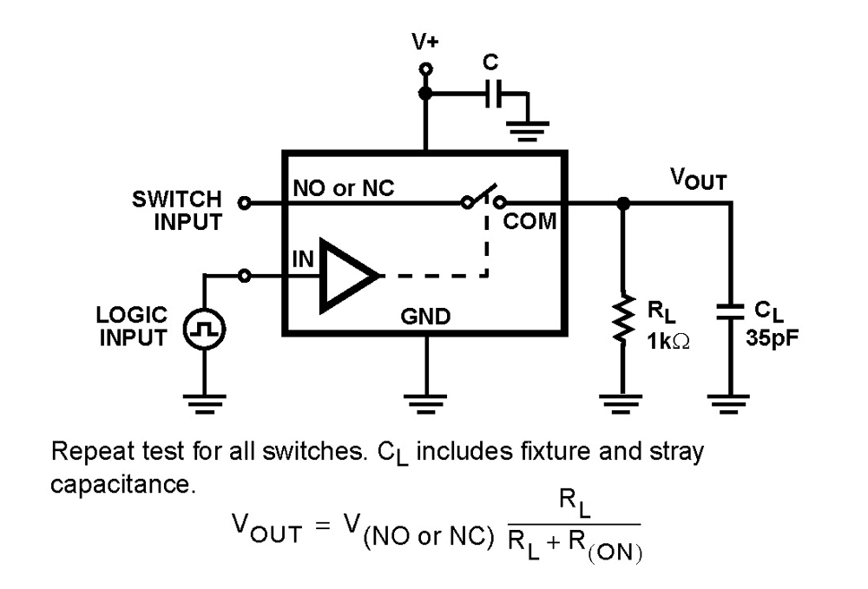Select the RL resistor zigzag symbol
pos(622,322)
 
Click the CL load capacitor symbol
pos(731,311)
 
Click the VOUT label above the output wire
pos(698,180)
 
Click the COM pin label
pos(529,221)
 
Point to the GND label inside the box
pos(425,317)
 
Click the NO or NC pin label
pos(344,188)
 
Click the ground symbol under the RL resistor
pos(622,401)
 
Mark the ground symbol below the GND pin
pos(425,401)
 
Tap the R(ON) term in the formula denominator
pos(607,548)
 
